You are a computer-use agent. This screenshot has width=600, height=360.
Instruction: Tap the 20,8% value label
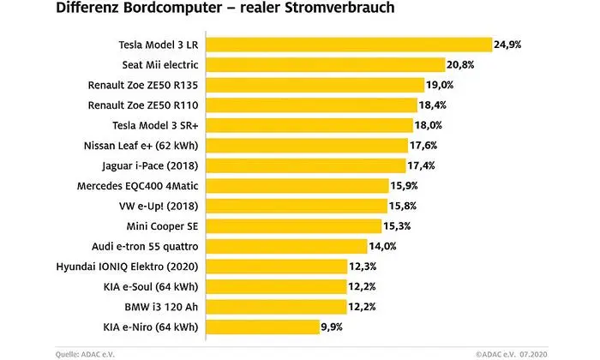(x=460, y=64)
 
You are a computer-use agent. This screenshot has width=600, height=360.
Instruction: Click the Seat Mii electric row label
(x=155, y=64)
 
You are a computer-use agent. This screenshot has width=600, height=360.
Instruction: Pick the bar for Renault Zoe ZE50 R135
(x=317, y=85)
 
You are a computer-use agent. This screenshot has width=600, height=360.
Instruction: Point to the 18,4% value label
(x=436, y=105)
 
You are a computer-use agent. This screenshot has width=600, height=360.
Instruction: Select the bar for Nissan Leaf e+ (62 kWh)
(x=309, y=145)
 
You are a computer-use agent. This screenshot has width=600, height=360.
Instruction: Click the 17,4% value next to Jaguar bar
(x=423, y=165)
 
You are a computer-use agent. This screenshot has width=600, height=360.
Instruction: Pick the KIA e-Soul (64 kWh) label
(x=150, y=286)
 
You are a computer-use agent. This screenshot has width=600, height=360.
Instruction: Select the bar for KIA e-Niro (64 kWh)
(x=262, y=327)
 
